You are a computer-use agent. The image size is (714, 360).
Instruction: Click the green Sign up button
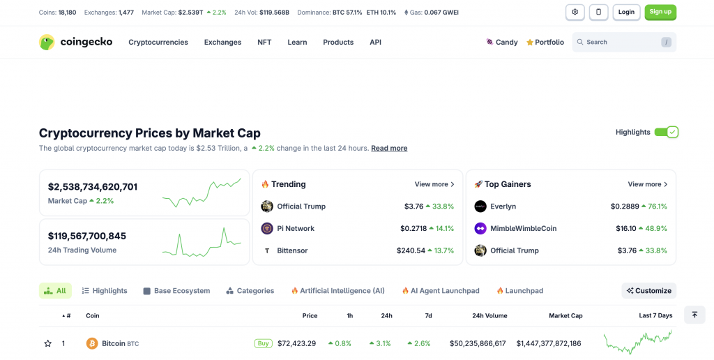click(660, 12)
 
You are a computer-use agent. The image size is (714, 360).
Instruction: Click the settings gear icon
click(575, 12)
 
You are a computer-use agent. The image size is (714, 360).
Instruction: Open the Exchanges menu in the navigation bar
click(222, 42)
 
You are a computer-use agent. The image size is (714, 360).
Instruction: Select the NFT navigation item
click(264, 42)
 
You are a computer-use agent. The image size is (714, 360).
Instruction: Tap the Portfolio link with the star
click(545, 42)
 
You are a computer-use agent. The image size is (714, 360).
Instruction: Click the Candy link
click(502, 42)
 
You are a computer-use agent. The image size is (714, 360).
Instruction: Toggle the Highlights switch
click(666, 132)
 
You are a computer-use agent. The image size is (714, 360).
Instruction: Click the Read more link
click(389, 148)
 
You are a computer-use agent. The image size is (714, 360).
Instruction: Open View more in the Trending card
click(434, 184)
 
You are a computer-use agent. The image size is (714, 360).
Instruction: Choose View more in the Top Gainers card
click(648, 184)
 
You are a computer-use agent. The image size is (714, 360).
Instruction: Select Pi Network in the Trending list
click(296, 228)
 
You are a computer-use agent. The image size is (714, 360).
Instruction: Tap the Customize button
click(648, 290)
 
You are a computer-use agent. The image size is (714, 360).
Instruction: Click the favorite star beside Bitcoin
click(48, 343)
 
